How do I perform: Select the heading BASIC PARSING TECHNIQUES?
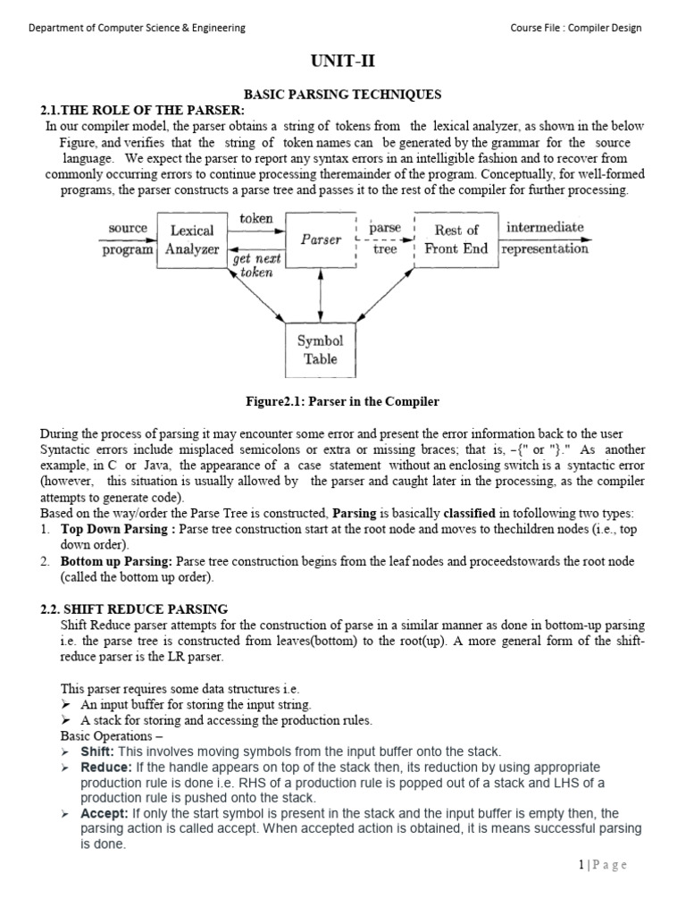click(343, 95)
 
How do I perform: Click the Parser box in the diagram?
click(321, 239)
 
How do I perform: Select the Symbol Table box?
click(321, 350)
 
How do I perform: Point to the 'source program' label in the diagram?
click(128, 239)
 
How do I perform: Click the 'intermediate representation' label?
click(545, 239)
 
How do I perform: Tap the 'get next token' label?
click(256, 265)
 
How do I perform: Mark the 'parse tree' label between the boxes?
click(385, 239)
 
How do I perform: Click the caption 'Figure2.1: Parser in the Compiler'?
click(343, 401)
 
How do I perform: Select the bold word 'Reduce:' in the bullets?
click(105, 768)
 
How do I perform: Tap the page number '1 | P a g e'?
click(602, 865)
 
